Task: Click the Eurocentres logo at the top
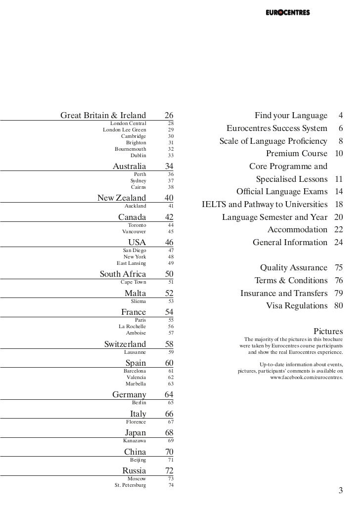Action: pyautogui.click(x=287, y=13)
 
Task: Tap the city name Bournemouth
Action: pyautogui.click(x=131, y=149)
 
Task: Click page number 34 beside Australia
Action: pyautogui.click(x=170, y=166)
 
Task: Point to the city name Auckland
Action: pyautogui.click(x=135, y=206)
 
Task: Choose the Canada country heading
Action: pyautogui.click(x=132, y=217)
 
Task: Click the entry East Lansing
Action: pyautogui.click(x=131, y=263)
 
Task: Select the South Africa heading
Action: pyautogui.click(x=123, y=274)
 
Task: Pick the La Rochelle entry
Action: pyautogui.click(x=132, y=326)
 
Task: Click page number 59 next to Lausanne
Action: pyautogui.click(x=171, y=352)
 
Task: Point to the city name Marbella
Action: pyautogui.click(x=135, y=383)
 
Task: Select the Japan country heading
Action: pyautogui.click(x=135, y=433)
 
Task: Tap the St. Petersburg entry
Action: pyautogui.click(x=130, y=485)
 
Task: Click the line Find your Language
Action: pyautogui.click(x=291, y=116)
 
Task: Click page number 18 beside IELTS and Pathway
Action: pyautogui.click(x=339, y=204)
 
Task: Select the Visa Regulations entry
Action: pyautogui.click(x=297, y=305)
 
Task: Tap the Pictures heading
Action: pyautogui.click(x=328, y=331)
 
